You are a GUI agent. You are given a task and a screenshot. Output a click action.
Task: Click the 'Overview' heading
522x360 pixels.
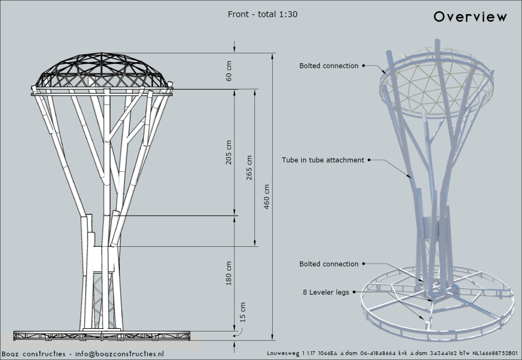pos(470,17)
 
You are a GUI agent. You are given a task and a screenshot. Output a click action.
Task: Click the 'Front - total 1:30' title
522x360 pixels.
pos(263,14)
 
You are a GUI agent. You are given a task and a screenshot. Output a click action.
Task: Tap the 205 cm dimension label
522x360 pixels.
pos(229,152)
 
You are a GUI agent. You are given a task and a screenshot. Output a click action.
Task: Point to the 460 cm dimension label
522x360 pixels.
pos(268,196)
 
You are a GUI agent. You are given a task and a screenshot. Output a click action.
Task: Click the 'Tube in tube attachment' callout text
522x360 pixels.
pos(323,160)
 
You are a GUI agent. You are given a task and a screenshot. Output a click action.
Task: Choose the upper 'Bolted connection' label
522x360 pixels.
pos(329,66)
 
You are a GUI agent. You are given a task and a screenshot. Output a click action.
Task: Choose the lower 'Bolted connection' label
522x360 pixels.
pos(329,264)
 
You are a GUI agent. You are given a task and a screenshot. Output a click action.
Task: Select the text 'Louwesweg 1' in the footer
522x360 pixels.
pos(287,353)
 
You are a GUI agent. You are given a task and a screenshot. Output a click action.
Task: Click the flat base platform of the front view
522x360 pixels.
pos(102,335)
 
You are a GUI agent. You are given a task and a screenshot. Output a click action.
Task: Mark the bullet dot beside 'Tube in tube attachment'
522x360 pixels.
pos(369,160)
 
